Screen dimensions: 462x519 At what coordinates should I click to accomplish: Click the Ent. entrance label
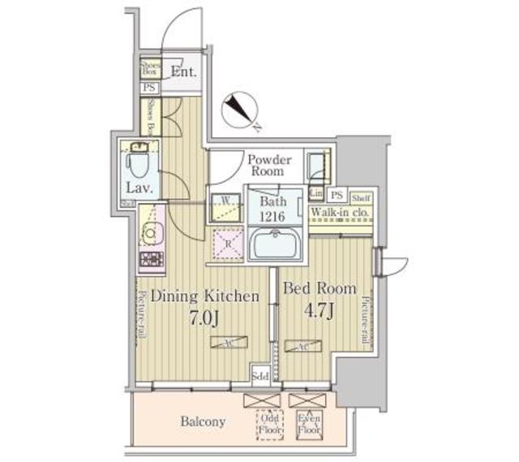point(185,71)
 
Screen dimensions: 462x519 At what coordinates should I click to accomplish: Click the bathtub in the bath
point(276,244)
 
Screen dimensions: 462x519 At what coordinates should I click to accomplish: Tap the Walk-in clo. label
point(341,213)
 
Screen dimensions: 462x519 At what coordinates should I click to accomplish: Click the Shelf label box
point(362,196)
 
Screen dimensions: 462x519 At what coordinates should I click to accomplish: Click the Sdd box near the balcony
point(260,375)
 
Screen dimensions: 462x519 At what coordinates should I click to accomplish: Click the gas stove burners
point(151,261)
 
